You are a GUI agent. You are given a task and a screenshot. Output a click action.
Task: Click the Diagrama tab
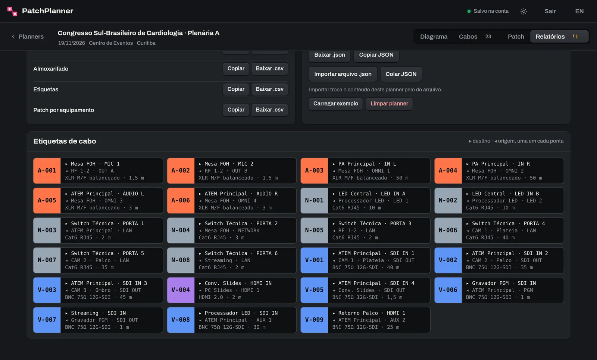click(434, 37)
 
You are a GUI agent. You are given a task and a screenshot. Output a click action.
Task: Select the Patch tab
click(516, 37)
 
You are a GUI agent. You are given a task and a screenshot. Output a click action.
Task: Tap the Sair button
click(550, 11)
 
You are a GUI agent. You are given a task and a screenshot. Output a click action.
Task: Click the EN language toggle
click(579, 11)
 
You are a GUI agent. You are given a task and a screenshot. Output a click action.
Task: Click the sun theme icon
click(523, 11)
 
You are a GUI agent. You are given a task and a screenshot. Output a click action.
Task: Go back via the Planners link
click(28, 37)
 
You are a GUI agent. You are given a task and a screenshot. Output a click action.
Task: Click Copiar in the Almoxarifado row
click(236, 69)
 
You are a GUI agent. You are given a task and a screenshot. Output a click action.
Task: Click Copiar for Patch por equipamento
click(236, 110)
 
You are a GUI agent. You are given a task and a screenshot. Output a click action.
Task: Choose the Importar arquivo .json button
click(343, 74)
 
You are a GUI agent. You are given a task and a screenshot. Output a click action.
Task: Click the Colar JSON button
click(401, 74)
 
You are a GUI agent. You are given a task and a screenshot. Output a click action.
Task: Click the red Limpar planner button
click(389, 104)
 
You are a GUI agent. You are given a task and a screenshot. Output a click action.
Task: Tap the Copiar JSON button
click(376, 55)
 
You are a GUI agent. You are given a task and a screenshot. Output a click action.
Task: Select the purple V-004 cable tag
click(181, 290)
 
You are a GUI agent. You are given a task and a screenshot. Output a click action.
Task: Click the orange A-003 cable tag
click(314, 170)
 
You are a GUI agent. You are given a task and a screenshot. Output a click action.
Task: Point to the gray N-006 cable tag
click(448, 230)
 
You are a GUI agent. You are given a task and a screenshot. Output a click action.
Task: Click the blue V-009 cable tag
click(314, 320)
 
